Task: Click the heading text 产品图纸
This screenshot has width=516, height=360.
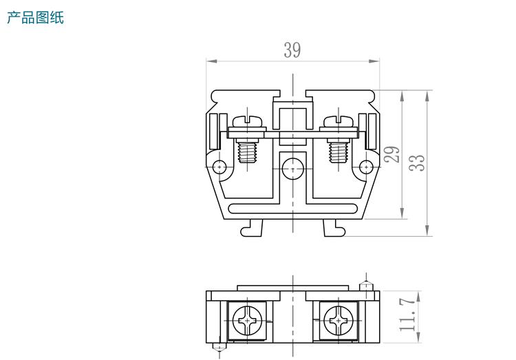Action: click(x=35, y=18)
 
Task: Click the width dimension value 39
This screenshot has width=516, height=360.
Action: click(x=292, y=50)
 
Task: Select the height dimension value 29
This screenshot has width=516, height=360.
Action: click(x=392, y=153)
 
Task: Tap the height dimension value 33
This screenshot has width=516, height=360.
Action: click(x=416, y=162)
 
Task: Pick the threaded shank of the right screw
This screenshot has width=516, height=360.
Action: click(x=338, y=151)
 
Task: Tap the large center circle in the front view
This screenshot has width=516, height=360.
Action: click(x=292, y=167)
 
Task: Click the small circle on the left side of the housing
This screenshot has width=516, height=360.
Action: click(x=219, y=166)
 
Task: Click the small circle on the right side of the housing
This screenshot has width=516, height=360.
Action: click(x=366, y=166)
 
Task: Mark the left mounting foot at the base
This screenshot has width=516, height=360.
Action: click(x=252, y=228)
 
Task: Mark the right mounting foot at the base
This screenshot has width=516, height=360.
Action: click(x=333, y=228)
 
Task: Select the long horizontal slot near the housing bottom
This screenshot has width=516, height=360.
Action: click(x=292, y=209)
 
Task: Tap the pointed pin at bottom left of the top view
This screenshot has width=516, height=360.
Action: click(x=219, y=348)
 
